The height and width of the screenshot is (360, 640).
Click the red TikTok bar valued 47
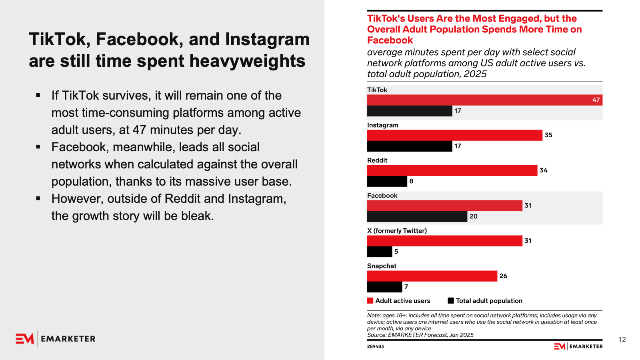pyautogui.click(x=484, y=100)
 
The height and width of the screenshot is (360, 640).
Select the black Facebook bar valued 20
pyautogui.click(x=417, y=216)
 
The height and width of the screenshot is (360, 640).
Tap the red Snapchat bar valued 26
pyautogui.click(x=432, y=276)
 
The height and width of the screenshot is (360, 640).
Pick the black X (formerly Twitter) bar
pyautogui.click(x=380, y=252)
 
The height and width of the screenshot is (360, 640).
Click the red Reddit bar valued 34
pyautogui.click(x=452, y=170)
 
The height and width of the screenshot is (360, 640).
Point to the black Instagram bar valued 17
pyautogui.click(x=410, y=146)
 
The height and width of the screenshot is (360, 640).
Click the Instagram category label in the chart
pyautogui.click(x=383, y=125)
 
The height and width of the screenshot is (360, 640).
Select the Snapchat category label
pyautogui.click(x=382, y=266)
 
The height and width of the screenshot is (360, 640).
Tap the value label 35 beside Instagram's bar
pyautogui.click(x=548, y=135)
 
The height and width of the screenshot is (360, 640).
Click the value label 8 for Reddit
pyautogui.click(x=411, y=181)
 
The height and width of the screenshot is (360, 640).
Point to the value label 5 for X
pyautogui.click(x=396, y=252)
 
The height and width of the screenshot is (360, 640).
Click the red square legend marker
pyautogui.click(x=370, y=301)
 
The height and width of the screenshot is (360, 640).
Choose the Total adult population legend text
pyautogui.click(x=489, y=301)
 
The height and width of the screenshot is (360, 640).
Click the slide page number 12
pyautogui.click(x=622, y=340)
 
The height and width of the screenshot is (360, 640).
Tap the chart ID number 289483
pyautogui.click(x=376, y=346)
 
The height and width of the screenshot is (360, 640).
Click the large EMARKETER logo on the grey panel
pyautogui.click(x=56, y=339)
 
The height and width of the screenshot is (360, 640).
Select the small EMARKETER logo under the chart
pyautogui.click(x=578, y=346)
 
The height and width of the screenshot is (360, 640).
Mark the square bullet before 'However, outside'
pyautogui.click(x=38, y=198)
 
